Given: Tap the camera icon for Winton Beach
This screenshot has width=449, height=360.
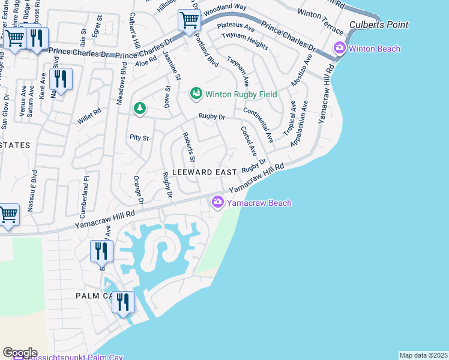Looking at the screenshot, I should (340, 49).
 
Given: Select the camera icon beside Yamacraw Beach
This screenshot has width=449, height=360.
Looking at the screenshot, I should (217, 203).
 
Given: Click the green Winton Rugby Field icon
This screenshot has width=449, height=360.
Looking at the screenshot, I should (196, 94).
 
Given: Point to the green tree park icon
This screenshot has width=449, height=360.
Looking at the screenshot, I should (139, 108).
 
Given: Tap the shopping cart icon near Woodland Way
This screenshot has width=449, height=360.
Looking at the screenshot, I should (189, 20).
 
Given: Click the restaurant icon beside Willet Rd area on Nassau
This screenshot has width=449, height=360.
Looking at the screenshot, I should (61, 79).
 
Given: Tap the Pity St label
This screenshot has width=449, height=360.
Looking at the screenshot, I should (139, 137).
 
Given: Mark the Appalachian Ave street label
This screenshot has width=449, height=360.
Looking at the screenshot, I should (300, 123).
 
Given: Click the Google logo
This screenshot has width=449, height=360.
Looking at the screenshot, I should (19, 353).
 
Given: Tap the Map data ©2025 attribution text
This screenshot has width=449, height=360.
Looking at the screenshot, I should (423, 355).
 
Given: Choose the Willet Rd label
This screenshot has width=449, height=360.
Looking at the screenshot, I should (89, 116).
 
